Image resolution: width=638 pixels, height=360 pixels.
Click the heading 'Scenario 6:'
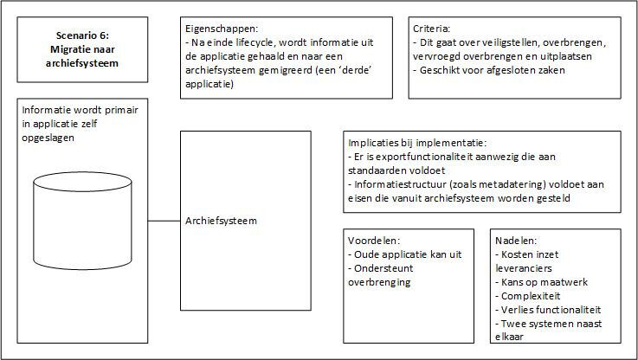[82, 35]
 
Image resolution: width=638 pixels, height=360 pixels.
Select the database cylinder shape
[82, 221]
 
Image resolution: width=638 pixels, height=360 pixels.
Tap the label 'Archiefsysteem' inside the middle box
[221, 221]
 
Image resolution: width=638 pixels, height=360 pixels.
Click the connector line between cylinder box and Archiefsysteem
[164, 221]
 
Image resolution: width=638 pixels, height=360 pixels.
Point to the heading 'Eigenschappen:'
[222, 29]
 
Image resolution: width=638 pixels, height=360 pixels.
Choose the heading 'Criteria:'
[432, 29]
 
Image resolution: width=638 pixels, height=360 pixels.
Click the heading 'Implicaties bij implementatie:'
[417, 143]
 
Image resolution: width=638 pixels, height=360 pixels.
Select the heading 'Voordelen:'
[374, 241]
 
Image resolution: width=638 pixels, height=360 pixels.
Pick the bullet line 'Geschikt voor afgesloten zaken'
[489, 70]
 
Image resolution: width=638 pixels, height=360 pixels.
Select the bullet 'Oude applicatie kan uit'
[405, 254]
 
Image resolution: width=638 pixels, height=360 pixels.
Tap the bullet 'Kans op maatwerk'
[542, 282]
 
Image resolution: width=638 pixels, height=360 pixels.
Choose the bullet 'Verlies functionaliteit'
[548, 310]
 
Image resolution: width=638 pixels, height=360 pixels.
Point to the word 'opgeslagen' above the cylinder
[48, 138]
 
